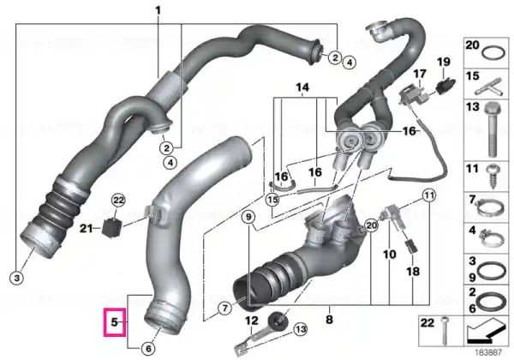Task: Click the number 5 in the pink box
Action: [114, 322]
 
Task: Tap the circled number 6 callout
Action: [148, 349]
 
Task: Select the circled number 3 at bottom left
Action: [17, 279]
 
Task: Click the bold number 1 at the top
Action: [158, 10]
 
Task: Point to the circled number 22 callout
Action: [119, 200]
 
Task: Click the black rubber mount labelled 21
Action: [111, 227]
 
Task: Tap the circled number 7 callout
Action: [224, 309]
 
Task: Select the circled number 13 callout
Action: [301, 330]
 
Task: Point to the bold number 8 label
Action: [330, 319]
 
